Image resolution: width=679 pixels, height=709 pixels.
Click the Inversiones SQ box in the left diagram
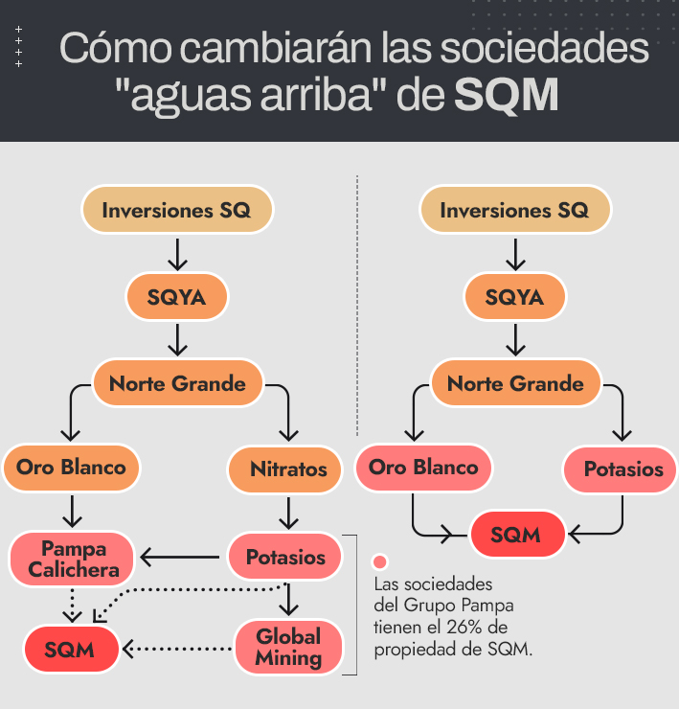pos(177,209)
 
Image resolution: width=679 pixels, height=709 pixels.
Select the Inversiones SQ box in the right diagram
pos(514,209)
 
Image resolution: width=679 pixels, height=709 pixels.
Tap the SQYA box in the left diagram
pos(177,297)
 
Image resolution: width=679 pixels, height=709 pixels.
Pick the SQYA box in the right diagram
pos(514,297)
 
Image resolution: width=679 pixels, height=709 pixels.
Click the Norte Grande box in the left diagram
pos(177,384)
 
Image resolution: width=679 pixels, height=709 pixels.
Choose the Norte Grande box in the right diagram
pos(515,384)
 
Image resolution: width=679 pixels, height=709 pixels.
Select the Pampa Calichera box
pos(73,558)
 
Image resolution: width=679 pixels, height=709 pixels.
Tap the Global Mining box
pos(288,646)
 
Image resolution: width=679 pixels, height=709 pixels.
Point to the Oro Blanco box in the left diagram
pos(71,468)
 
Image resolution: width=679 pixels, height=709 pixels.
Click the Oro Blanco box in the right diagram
pos(422,468)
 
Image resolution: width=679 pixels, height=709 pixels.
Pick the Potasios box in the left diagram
pos(285,557)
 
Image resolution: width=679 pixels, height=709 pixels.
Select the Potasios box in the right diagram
pos(623,469)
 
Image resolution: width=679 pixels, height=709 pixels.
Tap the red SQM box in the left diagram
pos(71,649)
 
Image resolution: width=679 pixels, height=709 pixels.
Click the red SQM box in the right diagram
pos(515,535)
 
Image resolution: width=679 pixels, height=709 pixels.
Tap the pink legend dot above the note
pos(380,562)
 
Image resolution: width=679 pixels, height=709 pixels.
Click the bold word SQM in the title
pos(507,96)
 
